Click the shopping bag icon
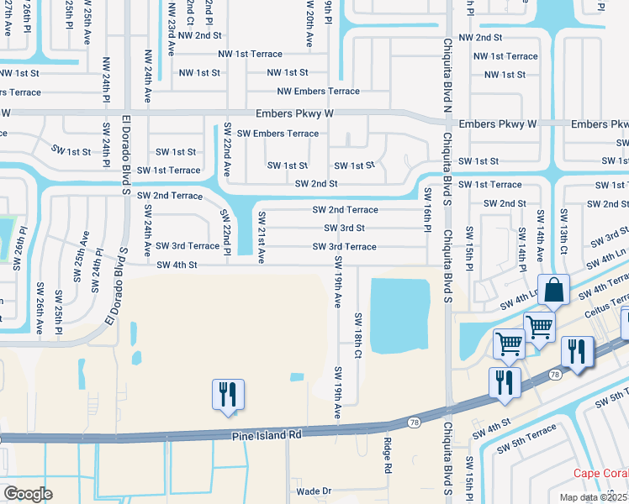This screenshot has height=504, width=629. point(554,291)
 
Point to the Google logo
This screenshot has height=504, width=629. point(28,493)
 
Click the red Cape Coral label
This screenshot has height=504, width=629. point(600,473)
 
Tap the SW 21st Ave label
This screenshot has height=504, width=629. point(261,236)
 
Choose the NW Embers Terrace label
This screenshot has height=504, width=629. point(318,91)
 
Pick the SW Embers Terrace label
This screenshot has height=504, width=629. point(277,134)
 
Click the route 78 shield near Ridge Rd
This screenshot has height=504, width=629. point(413,422)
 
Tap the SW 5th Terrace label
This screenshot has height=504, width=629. point(526,439)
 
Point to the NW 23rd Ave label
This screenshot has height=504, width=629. point(171,29)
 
